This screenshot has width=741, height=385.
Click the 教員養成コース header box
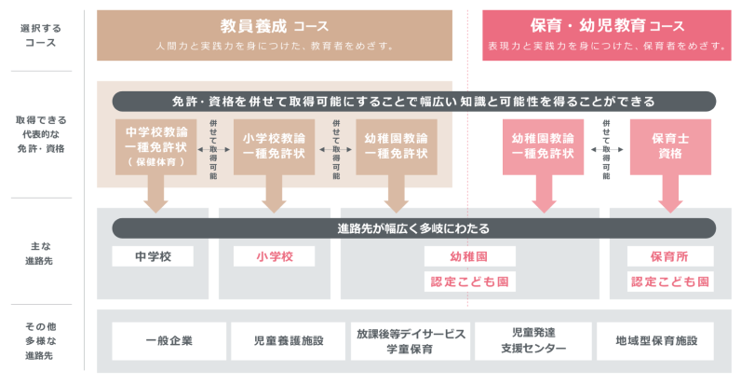275,34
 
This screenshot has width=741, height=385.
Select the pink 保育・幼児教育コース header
606,34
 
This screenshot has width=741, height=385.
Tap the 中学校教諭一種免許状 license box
155,146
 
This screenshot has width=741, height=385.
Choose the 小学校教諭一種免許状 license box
274,146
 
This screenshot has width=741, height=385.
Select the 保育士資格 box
669,146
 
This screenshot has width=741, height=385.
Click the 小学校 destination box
274,255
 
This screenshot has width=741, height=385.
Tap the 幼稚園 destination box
470,255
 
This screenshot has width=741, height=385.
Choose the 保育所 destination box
670,255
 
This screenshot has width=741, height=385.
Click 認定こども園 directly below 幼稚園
470,281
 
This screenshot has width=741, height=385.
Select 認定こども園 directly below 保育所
670,281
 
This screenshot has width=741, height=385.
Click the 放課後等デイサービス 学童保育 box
411,341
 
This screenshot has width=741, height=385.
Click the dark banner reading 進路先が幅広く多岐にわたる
413,228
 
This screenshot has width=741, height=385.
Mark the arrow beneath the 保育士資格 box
669,193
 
